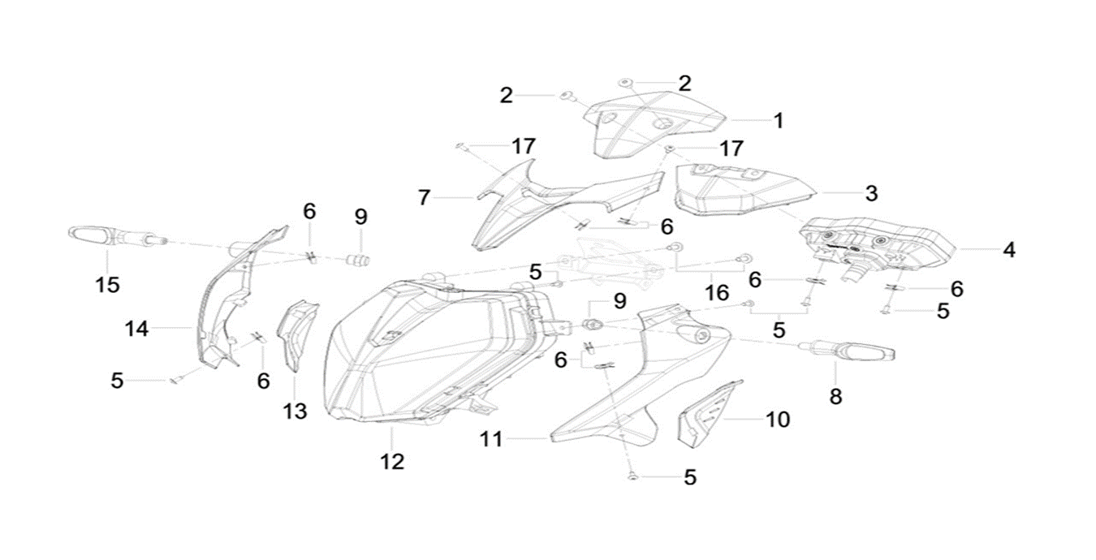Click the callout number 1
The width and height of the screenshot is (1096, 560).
pyautogui.click(x=778, y=121)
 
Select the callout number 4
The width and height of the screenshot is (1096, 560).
pyautogui.click(x=1008, y=250)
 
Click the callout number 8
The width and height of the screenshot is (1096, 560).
pyautogui.click(x=835, y=396)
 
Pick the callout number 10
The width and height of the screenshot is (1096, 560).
pyautogui.click(x=777, y=420)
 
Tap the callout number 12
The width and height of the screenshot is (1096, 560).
pyautogui.click(x=391, y=461)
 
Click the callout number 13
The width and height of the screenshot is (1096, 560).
pyautogui.click(x=295, y=411)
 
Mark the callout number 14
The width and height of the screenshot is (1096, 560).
pyautogui.click(x=136, y=328)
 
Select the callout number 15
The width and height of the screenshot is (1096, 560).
pyautogui.click(x=107, y=284)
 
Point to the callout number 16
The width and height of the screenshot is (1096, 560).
pyautogui.click(x=717, y=292)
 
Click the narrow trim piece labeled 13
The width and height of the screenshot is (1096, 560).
pyautogui.click(x=296, y=333)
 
